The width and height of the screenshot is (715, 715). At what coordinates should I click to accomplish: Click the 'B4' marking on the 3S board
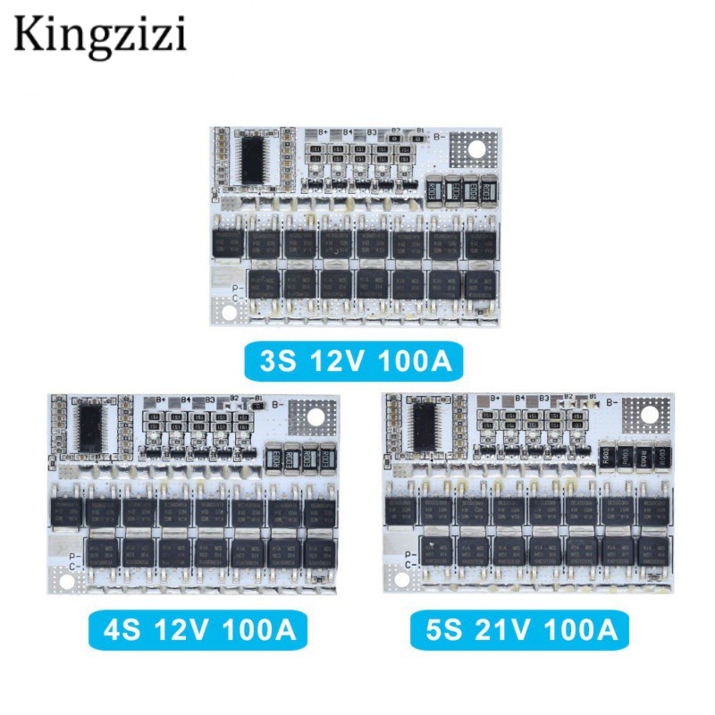pyautogui.click(x=346, y=132)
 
